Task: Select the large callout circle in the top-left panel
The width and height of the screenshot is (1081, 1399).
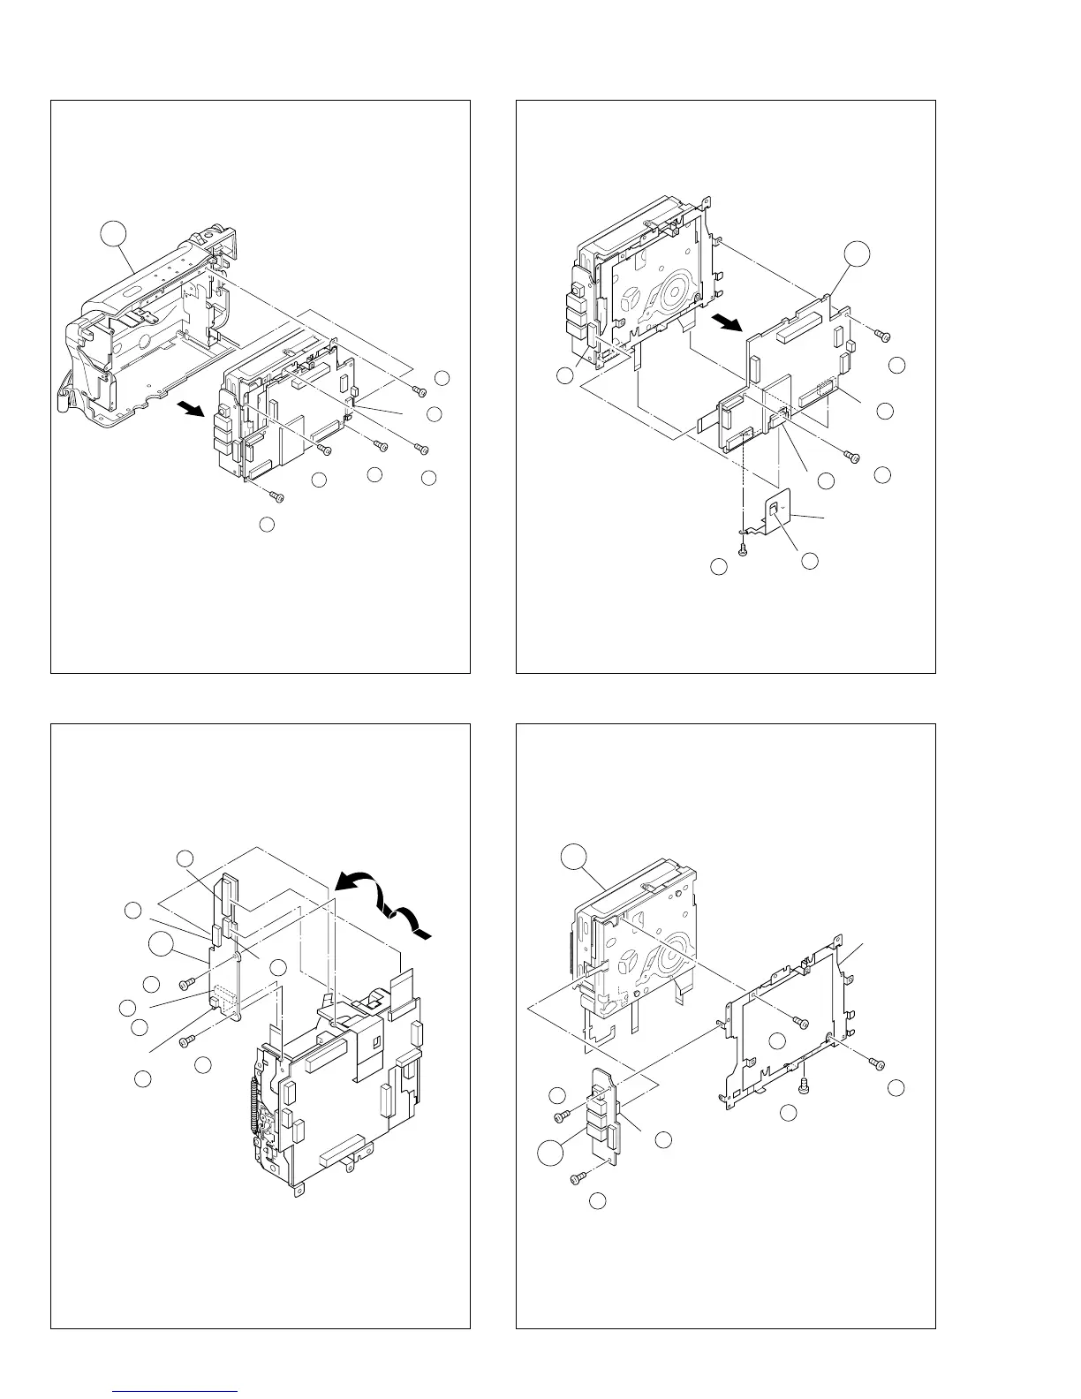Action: [x=112, y=235]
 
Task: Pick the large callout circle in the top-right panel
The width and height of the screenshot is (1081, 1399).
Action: [x=855, y=254]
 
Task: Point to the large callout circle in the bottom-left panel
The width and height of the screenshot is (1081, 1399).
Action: [x=161, y=944]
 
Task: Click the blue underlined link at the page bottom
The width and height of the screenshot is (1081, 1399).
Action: [x=177, y=1391]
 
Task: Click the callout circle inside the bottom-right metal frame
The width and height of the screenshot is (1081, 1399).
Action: [x=777, y=1041]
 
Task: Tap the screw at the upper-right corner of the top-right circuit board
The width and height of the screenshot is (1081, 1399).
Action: [x=882, y=335]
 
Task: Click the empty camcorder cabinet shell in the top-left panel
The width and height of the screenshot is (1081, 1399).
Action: [x=150, y=336]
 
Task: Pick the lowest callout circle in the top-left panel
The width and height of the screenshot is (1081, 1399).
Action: [x=266, y=526]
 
